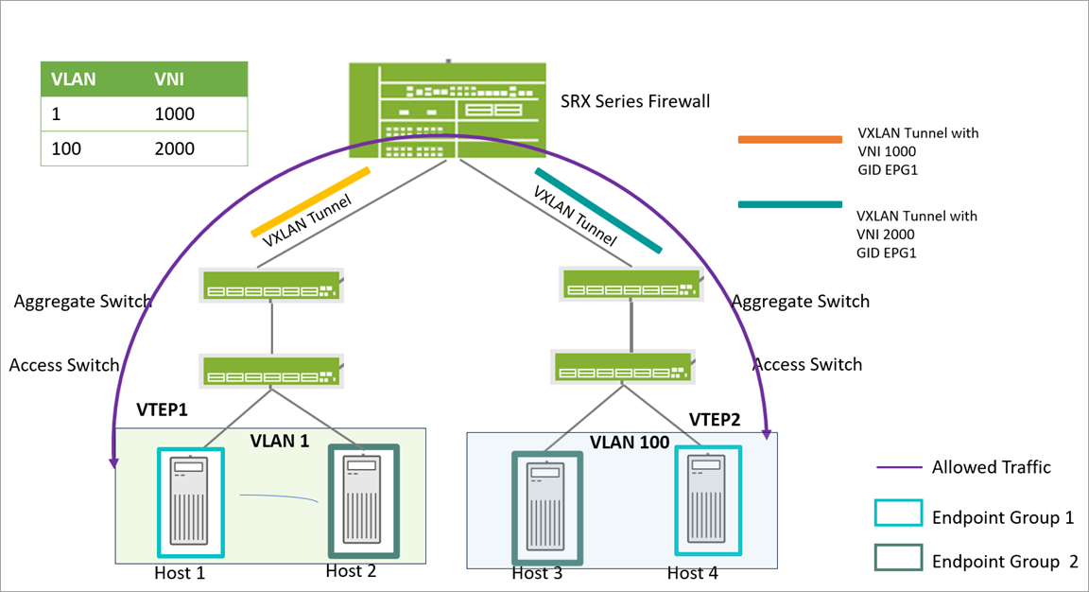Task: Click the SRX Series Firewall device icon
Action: click(x=447, y=109)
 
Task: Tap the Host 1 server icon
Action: click(x=192, y=502)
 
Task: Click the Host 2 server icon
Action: click(x=364, y=501)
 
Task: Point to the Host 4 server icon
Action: click(x=707, y=500)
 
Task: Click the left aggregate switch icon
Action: click(x=271, y=285)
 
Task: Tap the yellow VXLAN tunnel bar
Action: click(x=310, y=201)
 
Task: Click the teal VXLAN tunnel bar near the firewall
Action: click(x=597, y=210)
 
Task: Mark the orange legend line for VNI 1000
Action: click(x=789, y=140)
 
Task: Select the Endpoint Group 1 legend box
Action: click(x=898, y=513)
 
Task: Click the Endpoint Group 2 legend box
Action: click(x=898, y=557)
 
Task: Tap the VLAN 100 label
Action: click(x=630, y=442)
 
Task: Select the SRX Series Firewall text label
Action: click(x=634, y=101)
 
